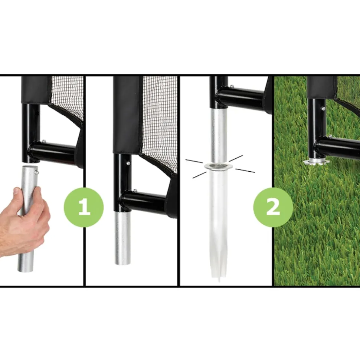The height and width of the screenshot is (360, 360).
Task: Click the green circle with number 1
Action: click(x=84, y=207)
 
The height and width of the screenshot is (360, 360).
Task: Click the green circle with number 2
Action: click(x=273, y=207)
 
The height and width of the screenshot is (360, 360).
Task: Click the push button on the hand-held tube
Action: click(x=37, y=172)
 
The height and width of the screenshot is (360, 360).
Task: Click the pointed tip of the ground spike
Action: click(x=219, y=281)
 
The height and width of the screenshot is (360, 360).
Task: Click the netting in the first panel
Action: click(x=67, y=96)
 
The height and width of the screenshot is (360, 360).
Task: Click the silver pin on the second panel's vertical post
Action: click(x=128, y=163)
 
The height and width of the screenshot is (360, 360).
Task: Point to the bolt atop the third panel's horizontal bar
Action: click(x=232, y=86)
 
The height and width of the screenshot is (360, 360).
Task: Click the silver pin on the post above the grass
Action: click(x=324, y=108)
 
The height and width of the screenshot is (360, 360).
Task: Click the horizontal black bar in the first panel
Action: click(x=53, y=152)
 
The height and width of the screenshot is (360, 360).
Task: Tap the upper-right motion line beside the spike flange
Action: click(x=236, y=158)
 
